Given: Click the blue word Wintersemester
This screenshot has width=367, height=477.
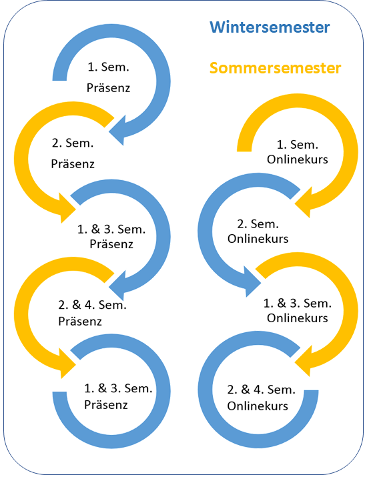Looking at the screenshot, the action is tap(270, 27).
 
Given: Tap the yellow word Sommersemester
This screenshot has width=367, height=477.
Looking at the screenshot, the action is tap(275, 68).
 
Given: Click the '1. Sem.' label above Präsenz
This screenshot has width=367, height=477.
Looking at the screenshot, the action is tap(108, 67).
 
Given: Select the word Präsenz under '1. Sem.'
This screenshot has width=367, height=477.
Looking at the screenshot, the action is tap(108, 87).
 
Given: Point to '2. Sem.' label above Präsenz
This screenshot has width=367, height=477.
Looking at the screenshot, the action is tap(73, 143).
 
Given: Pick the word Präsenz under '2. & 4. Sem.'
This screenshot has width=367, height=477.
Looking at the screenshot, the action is tap(80, 322).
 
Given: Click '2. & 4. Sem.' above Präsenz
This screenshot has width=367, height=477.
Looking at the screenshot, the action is tap(92, 305).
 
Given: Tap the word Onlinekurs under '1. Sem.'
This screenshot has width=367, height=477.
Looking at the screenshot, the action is tap(298, 159).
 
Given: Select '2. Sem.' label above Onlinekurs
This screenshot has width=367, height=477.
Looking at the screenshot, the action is tap(258, 224).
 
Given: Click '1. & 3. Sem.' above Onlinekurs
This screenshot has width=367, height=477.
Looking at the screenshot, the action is tap(298, 304).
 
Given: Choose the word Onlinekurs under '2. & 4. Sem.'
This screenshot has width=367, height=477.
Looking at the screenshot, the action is tap(258, 406).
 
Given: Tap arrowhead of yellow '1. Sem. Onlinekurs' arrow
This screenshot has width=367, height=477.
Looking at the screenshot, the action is tap(304, 202).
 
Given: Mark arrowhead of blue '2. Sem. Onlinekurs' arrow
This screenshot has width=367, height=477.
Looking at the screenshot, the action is tap(253, 282).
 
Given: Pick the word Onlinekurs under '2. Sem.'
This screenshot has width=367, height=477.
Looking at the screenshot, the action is tap(258, 239).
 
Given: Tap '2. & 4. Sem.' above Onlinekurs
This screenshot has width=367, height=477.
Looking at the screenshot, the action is tap(261, 390).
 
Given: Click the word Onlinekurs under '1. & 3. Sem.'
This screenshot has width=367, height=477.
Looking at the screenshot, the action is tap(298, 318).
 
